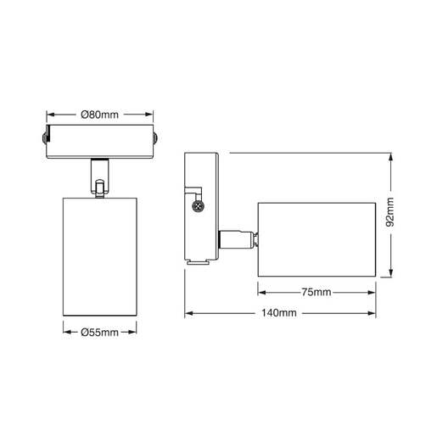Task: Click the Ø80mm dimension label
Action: pyautogui.click(x=99, y=115)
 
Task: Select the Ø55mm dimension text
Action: pyautogui.click(x=99, y=332)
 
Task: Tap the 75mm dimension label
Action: pyautogui.click(x=316, y=293)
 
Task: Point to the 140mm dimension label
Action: pyautogui.click(x=281, y=314)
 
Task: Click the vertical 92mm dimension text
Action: pyautogui.click(x=390, y=216)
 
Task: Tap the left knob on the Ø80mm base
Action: pyautogui.click(x=42, y=138)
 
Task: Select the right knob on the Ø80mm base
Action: pyautogui.click(x=155, y=138)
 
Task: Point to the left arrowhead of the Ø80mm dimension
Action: pyautogui.click(x=48, y=115)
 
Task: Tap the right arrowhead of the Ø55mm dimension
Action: pyautogui.click(x=134, y=332)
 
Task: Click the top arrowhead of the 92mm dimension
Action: pyautogui.click(x=390, y=158)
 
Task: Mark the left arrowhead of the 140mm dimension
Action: pyautogui.click(x=190, y=314)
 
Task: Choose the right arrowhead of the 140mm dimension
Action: pyautogui.click(x=373, y=314)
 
